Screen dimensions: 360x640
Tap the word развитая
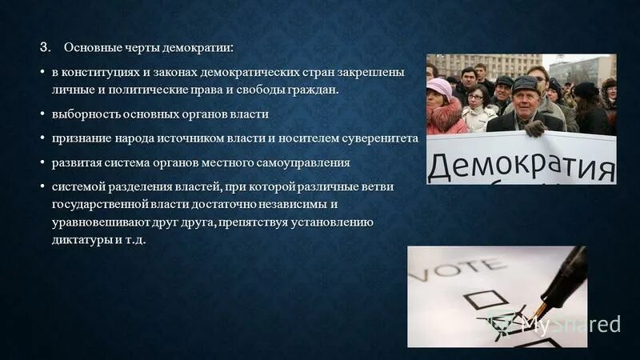(79, 163)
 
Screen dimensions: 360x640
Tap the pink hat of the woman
(438, 86)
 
